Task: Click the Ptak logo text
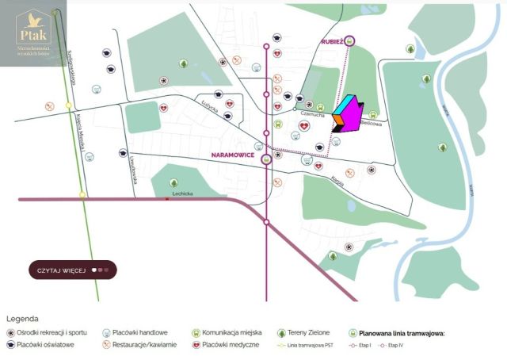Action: pos(34,36)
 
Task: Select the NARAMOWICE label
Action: pos(234,156)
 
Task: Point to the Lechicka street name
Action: pos(183,193)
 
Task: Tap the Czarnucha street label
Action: pos(314,113)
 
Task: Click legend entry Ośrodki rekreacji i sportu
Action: pos(51,333)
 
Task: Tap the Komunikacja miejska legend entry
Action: pos(229,333)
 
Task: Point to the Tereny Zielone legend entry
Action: pos(307,333)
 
